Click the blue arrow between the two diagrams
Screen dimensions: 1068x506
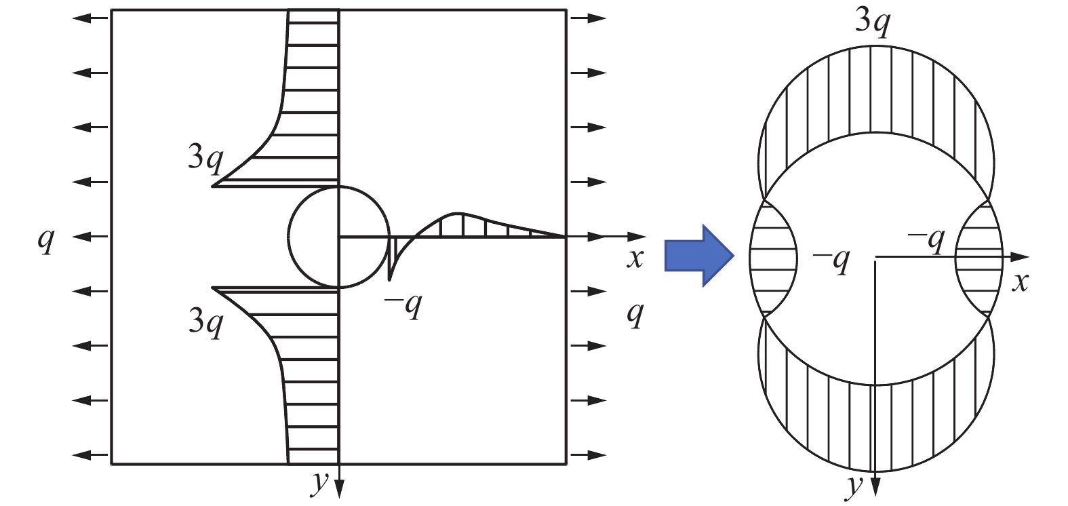tap(699, 256)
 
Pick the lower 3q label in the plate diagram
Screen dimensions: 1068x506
tap(205, 323)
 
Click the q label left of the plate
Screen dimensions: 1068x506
tap(46, 240)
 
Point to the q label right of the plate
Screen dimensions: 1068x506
tap(635, 315)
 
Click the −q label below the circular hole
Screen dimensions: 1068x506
tap(403, 306)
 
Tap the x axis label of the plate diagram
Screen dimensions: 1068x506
tap(635, 259)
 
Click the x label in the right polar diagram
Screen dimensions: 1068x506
tap(1020, 283)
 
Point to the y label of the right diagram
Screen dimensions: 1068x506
tap(855, 486)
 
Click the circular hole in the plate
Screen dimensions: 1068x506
tap(338, 237)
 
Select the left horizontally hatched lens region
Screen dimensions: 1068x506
tap(773, 258)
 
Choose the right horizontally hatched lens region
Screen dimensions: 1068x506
tap(979, 258)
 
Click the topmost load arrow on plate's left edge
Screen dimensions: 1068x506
tap(91, 18)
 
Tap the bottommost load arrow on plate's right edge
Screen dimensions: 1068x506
tap(589, 454)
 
